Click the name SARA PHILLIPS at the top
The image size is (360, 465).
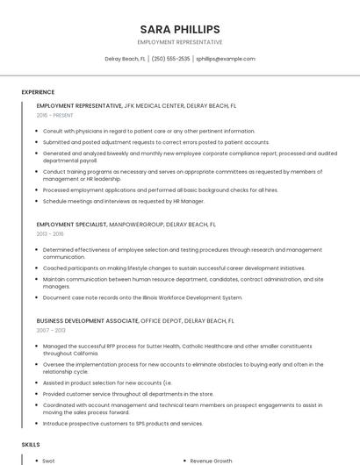click(180, 29)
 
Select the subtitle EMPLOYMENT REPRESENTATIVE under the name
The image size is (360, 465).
click(180, 42)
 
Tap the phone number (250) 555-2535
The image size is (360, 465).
click(170, 59)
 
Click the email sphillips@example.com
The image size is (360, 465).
click(226, 59)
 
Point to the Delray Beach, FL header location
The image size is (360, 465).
click(125, 59)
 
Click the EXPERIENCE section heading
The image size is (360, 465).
click(38, 92)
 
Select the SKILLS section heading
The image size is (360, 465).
click(31, 445)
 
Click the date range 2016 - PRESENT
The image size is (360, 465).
click(55, 115)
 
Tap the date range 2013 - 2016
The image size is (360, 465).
click(50, 234)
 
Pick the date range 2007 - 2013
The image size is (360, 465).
click(50, 331)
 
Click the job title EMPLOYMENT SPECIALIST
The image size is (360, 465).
click(71, 225)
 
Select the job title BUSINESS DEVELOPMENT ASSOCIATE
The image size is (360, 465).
click(87, 321)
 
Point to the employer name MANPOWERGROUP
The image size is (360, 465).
click(136, 225)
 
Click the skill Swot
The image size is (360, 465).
click(48, 460)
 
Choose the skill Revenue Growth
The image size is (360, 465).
click(212, 460)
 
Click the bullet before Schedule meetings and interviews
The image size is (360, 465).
click(37, 201)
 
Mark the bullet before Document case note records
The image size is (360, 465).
click(37, 297)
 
